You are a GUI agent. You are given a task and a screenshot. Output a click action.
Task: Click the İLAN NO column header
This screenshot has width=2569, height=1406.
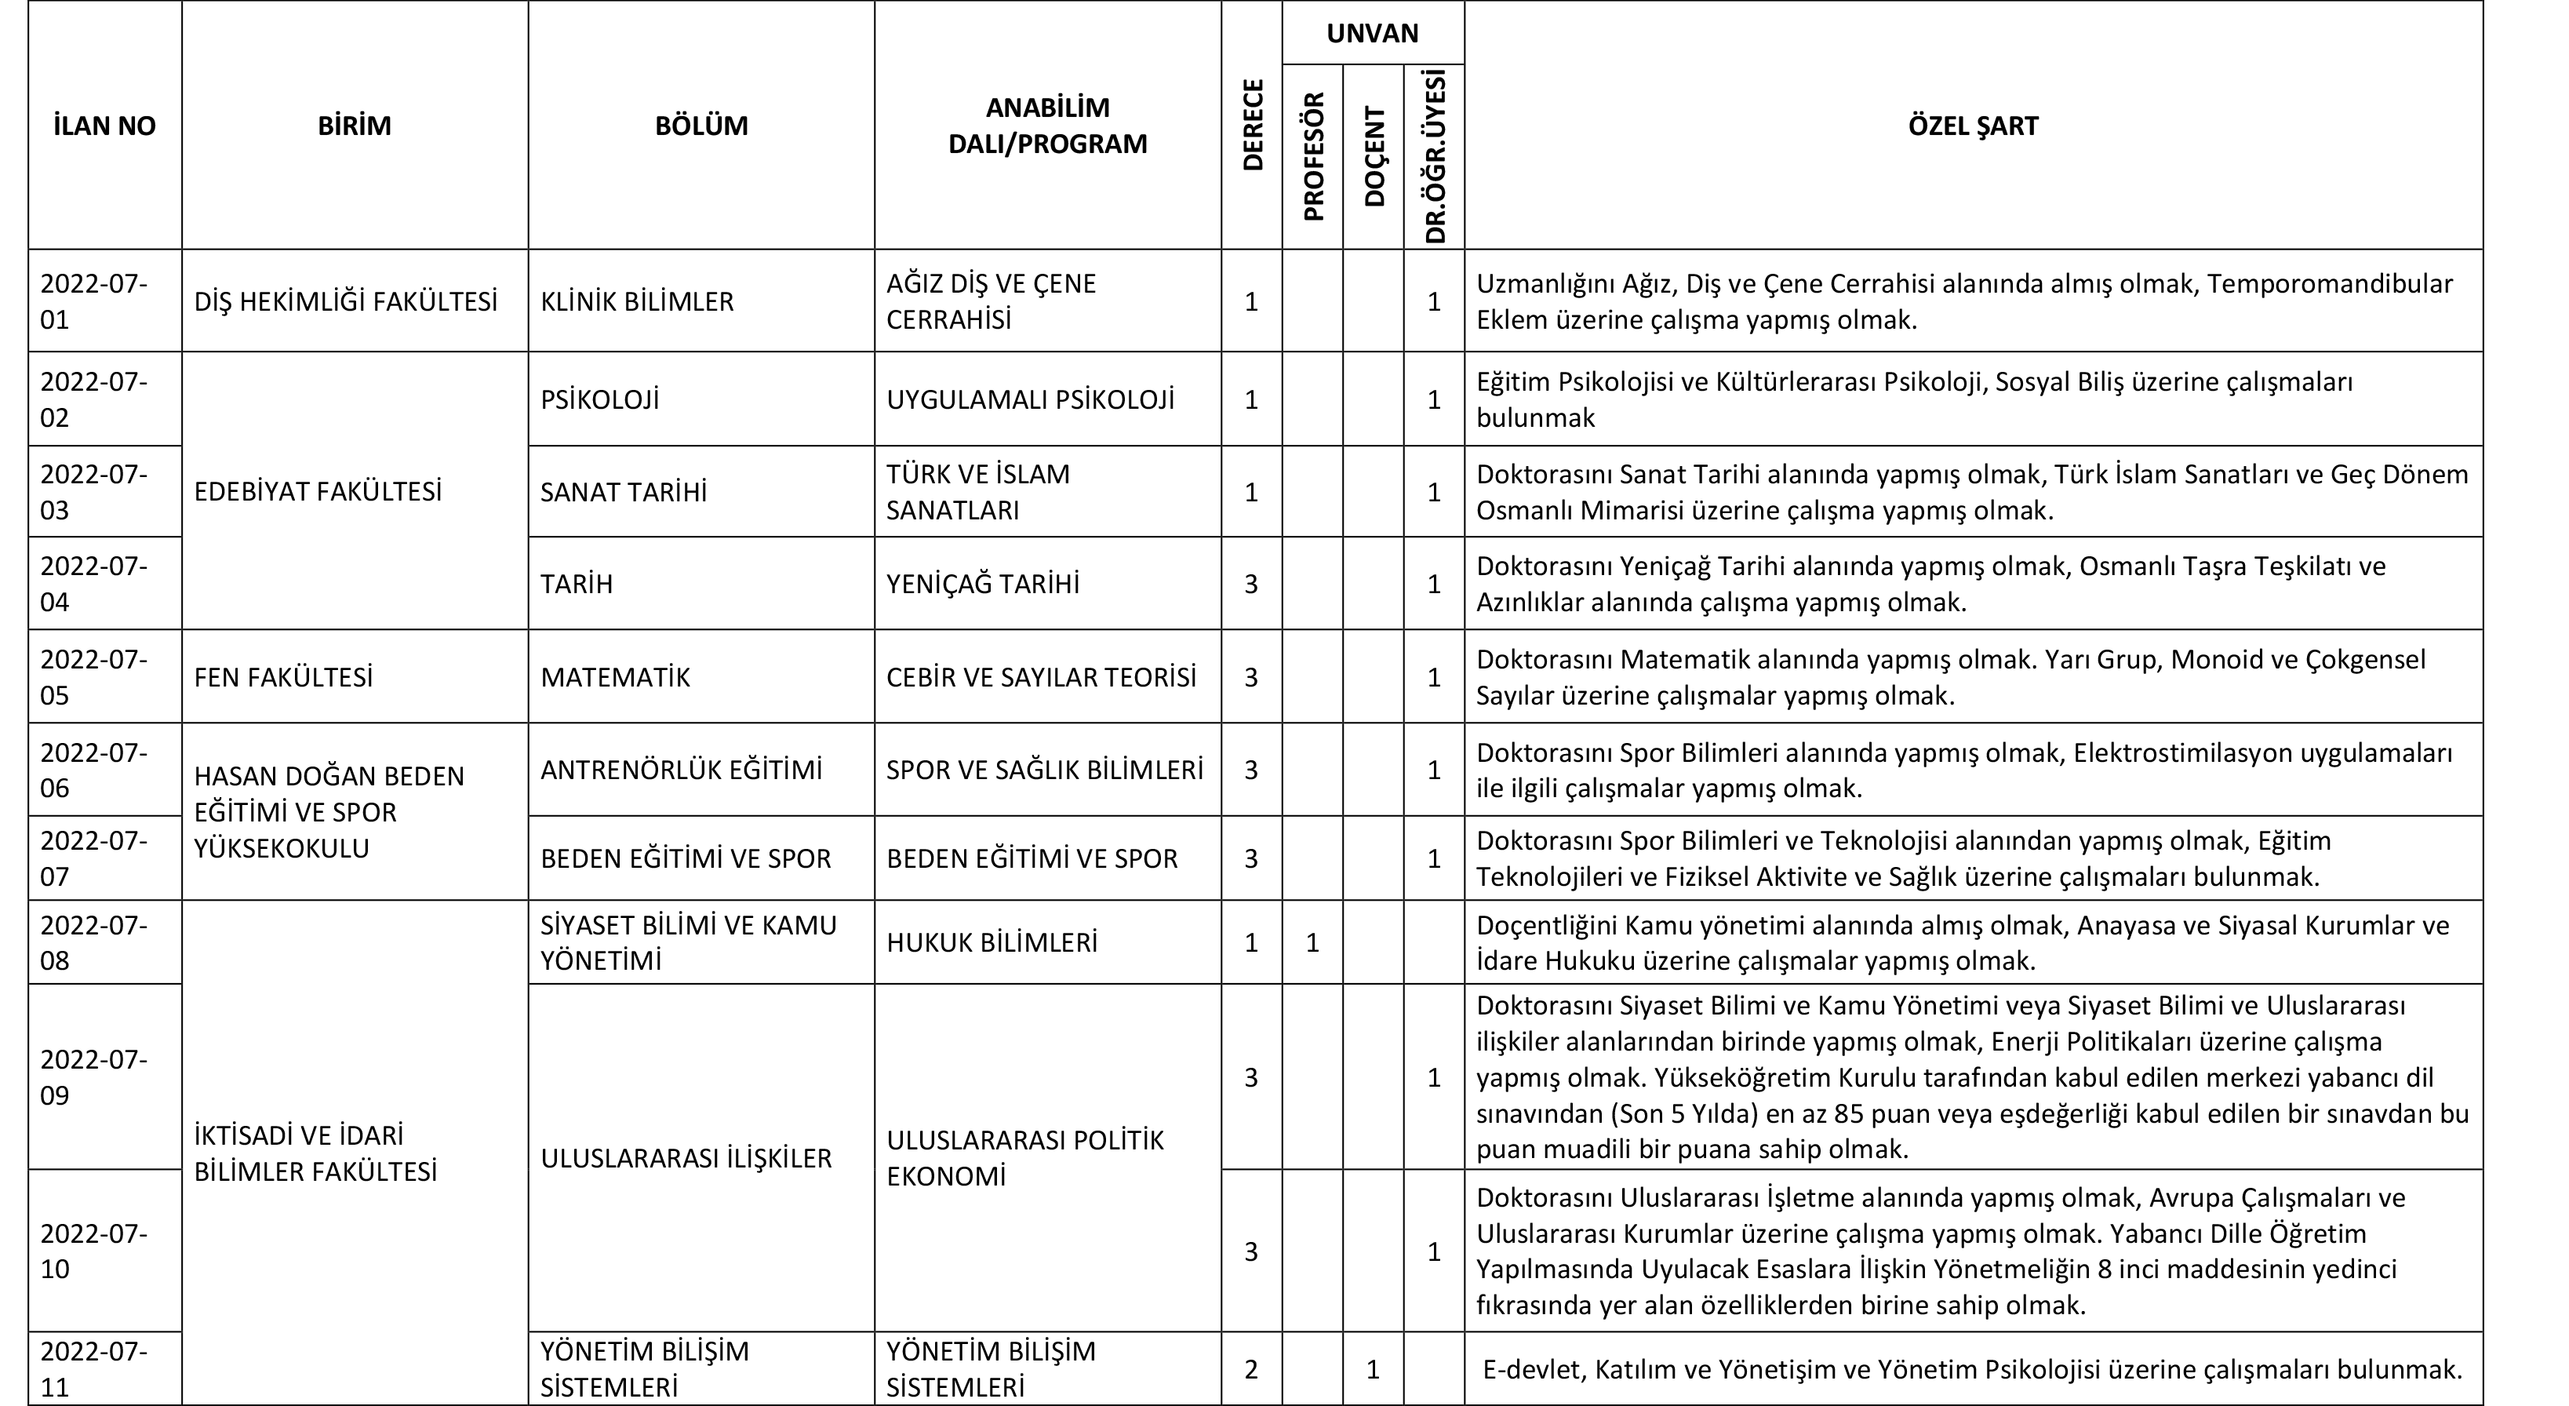(104, 126)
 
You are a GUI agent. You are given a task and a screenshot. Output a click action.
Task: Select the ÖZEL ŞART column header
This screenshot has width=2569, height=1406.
(1973, 126)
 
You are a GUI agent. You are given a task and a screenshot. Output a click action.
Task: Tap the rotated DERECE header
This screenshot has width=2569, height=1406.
(1253, 126)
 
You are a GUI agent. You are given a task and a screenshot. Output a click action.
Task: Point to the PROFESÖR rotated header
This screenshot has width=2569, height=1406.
(1313, 157)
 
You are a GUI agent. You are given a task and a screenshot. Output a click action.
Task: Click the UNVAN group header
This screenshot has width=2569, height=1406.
(1372, 33)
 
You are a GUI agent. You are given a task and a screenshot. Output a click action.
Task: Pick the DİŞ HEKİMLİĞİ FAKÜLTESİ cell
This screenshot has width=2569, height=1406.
(345, 301)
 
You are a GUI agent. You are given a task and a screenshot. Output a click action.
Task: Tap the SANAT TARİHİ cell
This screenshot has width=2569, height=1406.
(624, 492)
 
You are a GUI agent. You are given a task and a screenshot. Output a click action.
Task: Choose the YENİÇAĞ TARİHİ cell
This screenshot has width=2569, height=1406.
(982, 583)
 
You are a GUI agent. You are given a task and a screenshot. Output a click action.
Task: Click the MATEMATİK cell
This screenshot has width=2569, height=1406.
(614, 677)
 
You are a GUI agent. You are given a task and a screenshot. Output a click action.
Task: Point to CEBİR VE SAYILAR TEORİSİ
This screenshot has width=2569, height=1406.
(1041, 677)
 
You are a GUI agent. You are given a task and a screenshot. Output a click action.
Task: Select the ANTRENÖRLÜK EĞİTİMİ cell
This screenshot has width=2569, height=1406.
(681, 770)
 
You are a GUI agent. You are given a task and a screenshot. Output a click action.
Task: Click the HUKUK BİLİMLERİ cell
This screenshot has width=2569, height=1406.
(992, 942)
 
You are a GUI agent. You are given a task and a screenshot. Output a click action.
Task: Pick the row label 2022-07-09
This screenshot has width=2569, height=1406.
(94, 1077)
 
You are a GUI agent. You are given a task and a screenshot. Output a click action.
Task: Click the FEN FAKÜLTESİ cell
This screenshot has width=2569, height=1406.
(283, 677)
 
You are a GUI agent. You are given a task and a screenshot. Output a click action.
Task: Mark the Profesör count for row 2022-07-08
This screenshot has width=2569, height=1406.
(1312, 942)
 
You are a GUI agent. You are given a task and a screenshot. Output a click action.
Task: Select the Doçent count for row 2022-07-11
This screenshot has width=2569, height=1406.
(1372, 1369)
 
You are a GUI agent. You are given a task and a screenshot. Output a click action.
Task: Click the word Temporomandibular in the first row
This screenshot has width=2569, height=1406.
(2330, 284)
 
